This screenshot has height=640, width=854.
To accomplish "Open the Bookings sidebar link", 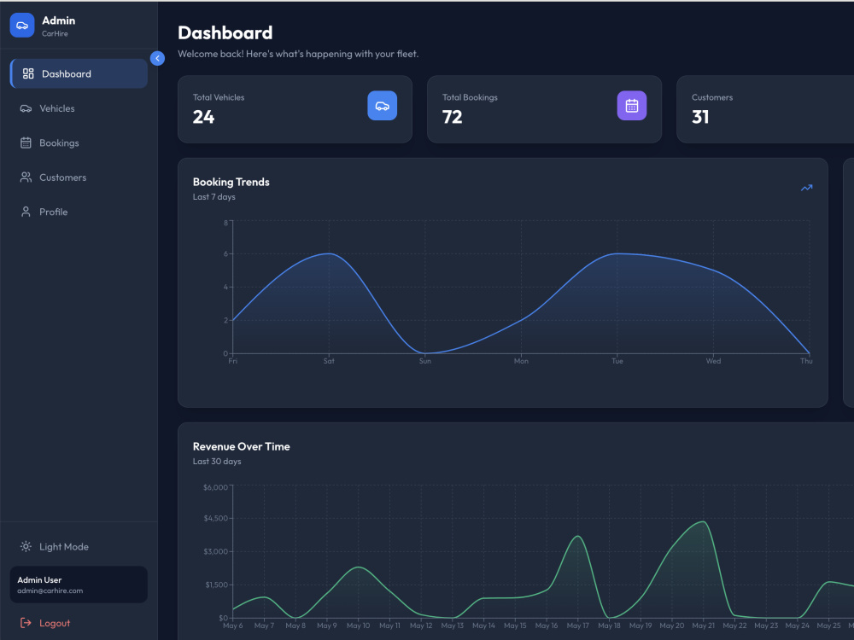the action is (50, 143).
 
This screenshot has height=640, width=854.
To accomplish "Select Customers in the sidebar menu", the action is (53, 177).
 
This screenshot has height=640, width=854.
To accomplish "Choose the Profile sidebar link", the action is (44, 212).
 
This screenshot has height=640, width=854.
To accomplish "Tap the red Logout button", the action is (45, 623).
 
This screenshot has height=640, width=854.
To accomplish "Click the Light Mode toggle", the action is (55, 547).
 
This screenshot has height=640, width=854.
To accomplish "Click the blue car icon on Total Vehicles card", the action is (383, 106).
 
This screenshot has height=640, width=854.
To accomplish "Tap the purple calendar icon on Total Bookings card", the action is (632, 106).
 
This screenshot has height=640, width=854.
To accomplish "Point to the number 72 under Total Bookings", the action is (452, 117).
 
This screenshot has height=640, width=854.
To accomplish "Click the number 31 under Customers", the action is (700, 117).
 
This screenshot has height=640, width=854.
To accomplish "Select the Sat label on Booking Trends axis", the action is (329, 361).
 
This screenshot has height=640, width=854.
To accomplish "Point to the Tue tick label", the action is (617, 361).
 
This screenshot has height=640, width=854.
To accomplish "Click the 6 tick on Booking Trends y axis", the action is (225, 253).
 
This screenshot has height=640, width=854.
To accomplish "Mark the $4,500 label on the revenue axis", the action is (216, 519).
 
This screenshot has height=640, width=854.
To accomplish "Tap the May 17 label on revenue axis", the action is (578, 625).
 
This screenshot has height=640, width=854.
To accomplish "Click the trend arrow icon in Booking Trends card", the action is (807, 188).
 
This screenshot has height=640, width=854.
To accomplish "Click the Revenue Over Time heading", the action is (242, 447).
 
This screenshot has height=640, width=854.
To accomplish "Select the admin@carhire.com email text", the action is (50, 591).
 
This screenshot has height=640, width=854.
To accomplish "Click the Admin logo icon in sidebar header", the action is (22, 26).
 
